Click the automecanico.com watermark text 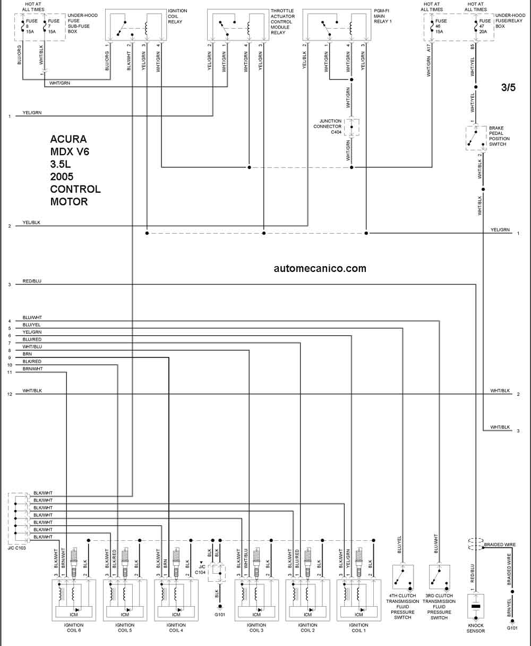click(320, 269)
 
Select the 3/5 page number click(508, 88)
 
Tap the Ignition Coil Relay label click(177, 16)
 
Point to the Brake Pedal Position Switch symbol click(476, 138)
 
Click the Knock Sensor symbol click(476, 607)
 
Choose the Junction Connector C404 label click(327, 126)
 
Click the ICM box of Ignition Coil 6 click(74, 612)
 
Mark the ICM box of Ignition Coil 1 click(358, 612)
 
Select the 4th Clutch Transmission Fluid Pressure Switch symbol click(402, 577)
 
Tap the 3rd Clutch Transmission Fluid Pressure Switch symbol click(440, 577)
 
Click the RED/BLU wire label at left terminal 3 click(32, 281)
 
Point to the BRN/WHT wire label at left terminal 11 click(32, 369)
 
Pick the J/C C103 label click(17, 548)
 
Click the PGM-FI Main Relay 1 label click(383, 16)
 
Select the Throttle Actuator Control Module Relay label click(282, 22)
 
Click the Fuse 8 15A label click(31, 27)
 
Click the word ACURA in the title click(68, 139)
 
